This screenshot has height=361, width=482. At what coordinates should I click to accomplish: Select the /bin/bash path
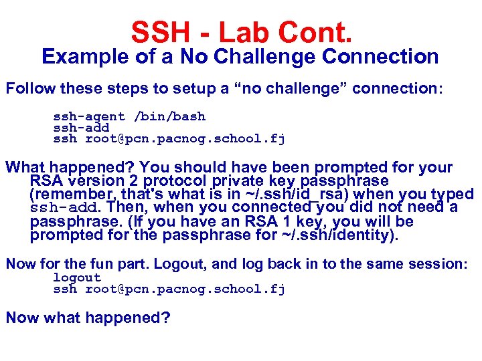(170, 116)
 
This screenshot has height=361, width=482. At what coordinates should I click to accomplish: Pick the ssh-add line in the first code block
(81, 128)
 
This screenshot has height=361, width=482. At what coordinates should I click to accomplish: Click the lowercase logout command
(77, 277)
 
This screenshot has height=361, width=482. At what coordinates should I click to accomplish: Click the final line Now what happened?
(88, 318)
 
